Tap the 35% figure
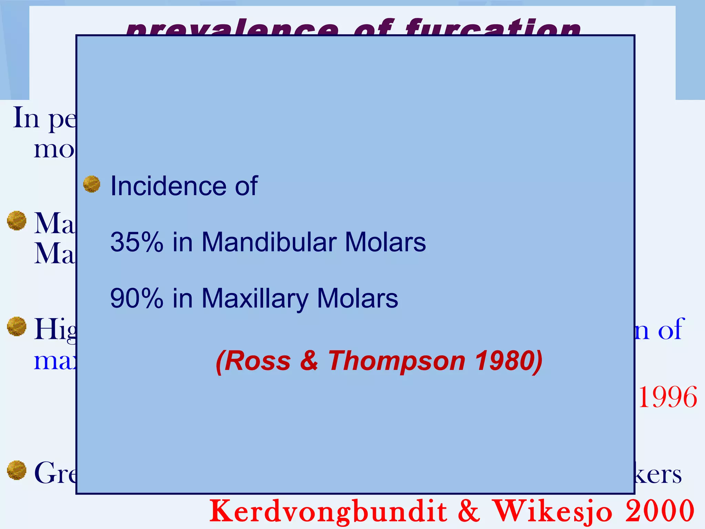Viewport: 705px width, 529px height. pyautogui.click(x=137, y=242)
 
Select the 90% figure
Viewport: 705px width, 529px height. pyautogui.click(x=137, y=298)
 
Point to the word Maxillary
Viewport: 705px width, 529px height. pyautogui.click(x=255, y=298)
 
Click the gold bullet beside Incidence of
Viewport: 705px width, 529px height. pyautogui.click(x=92, y=184)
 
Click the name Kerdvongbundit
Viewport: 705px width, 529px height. pyautogui.click(x=329, y=511)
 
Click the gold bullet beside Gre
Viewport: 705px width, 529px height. pyautogui.click(x=17, y=470)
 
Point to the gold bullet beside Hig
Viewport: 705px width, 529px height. pyautogui.click(x=17, y=326)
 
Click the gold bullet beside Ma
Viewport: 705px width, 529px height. pyautogui.click(x=17, y=220)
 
